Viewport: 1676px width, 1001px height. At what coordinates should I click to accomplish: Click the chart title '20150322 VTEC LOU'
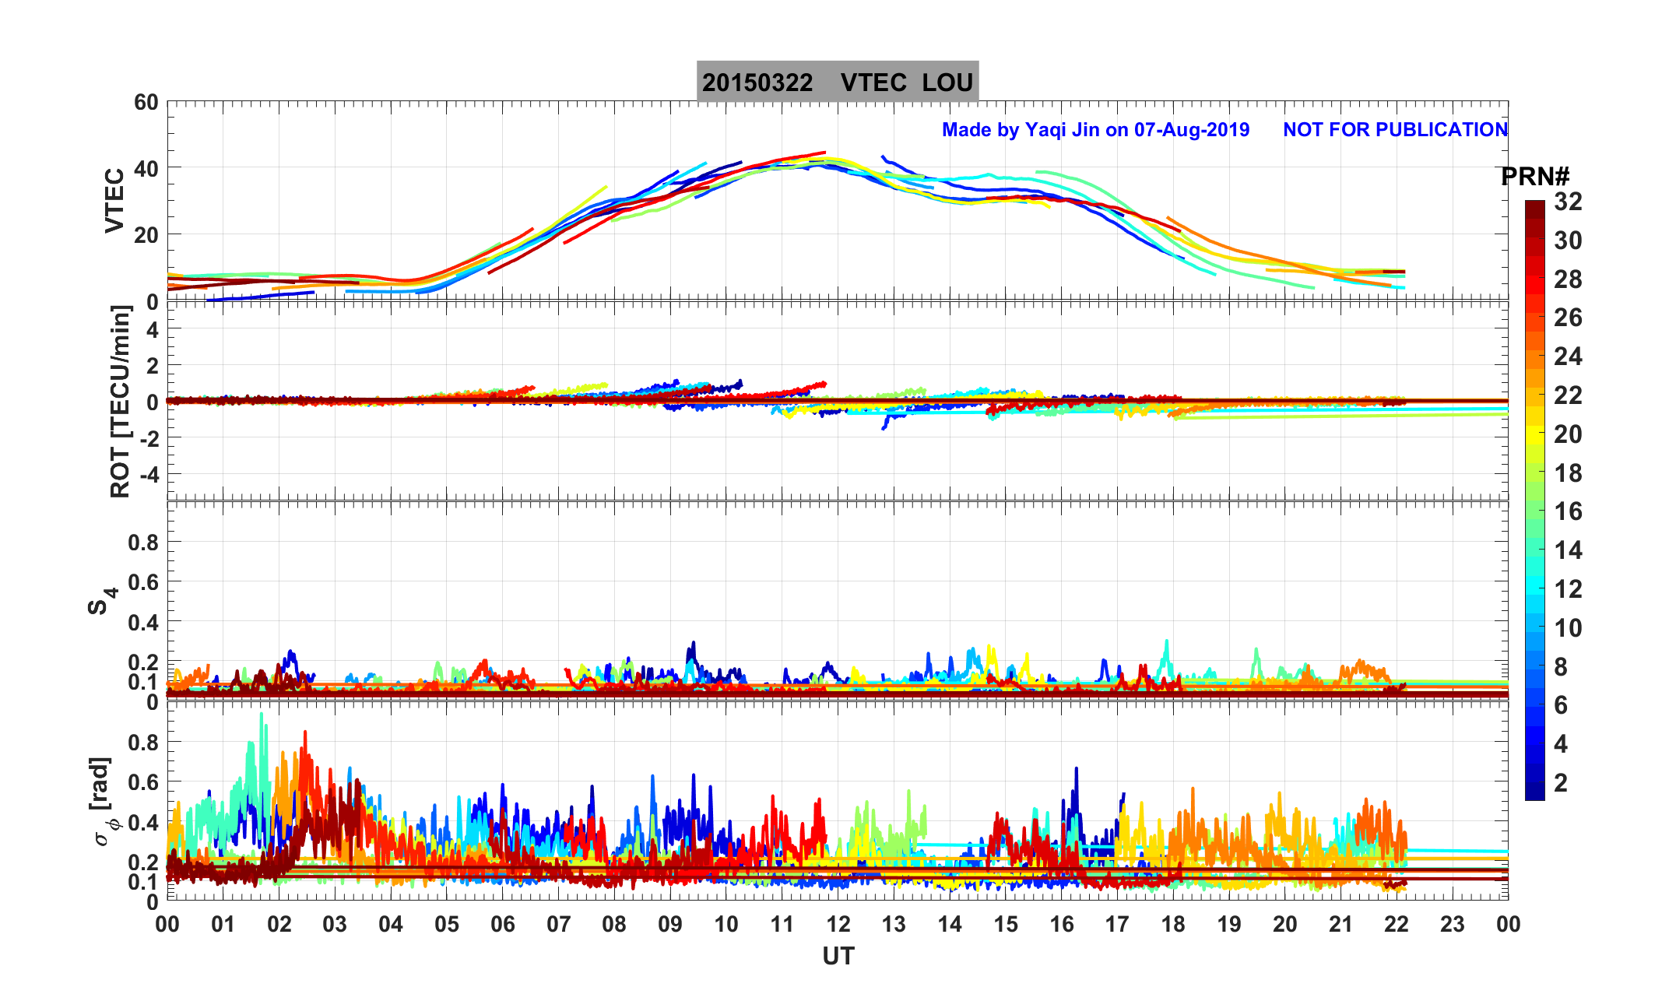tap(837, 83)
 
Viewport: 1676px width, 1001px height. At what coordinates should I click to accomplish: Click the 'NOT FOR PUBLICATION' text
tap(1395, 130)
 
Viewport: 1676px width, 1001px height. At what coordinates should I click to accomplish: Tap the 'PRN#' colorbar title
tap(1534, 177)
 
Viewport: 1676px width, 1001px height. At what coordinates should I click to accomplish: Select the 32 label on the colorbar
tap(1568, 202)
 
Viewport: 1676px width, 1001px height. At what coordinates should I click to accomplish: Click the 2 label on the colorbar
tap(1561, 783)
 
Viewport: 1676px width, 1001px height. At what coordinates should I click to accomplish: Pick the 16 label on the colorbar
tap(1568, 512)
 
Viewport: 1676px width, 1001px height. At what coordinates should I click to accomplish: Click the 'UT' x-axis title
tap(838, 956)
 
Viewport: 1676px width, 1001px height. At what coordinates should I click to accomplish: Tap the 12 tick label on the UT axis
tap(838, 925)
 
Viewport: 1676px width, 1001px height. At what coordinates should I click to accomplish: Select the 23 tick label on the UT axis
tap(1453, 925)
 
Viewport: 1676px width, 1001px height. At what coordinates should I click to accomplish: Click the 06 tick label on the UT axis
tap(503, 925)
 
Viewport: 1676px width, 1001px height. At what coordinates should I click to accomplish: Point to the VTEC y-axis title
tap(114, 201)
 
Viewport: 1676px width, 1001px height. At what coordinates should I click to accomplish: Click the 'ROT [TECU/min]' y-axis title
tap(121, 402)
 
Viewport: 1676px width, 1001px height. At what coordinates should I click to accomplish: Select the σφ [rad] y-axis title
tap(104, 802)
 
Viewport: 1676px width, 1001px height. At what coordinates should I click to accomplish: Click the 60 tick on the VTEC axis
tap(146, 103)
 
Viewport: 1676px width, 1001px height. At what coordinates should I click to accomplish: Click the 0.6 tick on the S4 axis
tap(142, 582)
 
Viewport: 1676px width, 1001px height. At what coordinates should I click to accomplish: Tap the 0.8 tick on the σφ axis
tap(142, 743)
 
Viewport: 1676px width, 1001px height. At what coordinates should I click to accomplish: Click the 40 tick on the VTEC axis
tap(146, 169)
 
